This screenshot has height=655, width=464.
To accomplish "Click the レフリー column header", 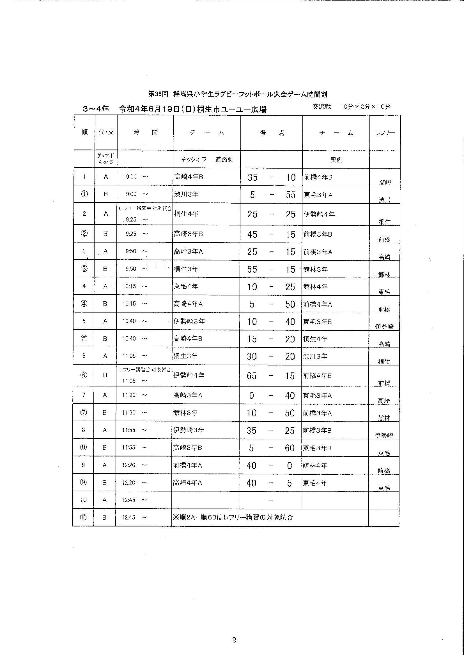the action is coord(385,133).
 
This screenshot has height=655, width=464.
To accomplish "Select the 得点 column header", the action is coord(272,133).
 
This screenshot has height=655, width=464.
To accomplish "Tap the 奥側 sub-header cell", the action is coord(336,160).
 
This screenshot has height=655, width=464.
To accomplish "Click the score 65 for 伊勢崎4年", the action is coord(252,376).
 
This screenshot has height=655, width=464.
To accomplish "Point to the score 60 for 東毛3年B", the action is coord(290,448).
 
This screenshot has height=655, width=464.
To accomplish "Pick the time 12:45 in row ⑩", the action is coord(128,517).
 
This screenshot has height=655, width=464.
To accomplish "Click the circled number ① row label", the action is coord(84,194).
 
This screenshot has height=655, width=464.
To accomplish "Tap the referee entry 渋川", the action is coord(385,200).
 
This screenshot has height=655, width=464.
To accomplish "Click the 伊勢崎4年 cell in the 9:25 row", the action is coord(319,214).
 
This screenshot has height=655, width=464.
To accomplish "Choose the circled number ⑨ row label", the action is coord(83,482).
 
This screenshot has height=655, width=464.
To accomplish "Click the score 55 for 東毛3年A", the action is coord(290,195).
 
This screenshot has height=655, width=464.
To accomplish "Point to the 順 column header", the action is coord(84,132).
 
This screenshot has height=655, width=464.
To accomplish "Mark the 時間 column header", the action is coord(145,132).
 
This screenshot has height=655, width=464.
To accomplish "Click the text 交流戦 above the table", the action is coord(321,107).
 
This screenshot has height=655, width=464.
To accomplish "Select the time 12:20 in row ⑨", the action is coord(128,483).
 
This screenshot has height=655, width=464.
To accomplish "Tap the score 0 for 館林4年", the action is coord(290,466).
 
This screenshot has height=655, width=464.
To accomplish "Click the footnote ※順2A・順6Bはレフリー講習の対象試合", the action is coord(233,518).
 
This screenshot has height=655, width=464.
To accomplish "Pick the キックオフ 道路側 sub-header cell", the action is coord(206,159).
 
